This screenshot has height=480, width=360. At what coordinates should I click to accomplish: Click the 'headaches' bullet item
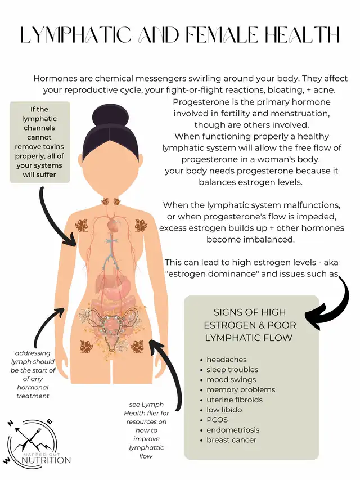click(x=226, y=360)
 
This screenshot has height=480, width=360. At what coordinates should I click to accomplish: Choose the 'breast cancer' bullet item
click(x=231, y=440)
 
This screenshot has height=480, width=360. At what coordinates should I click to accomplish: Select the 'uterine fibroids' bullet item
click(x=235, y=400)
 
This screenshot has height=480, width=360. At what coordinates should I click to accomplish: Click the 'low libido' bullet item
click(x=224, y=410)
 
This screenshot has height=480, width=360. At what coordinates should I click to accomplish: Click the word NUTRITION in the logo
click(x=46, y=460)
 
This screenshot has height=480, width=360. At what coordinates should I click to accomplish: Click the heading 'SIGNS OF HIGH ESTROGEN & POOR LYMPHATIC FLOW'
click(x=250, y=325)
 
